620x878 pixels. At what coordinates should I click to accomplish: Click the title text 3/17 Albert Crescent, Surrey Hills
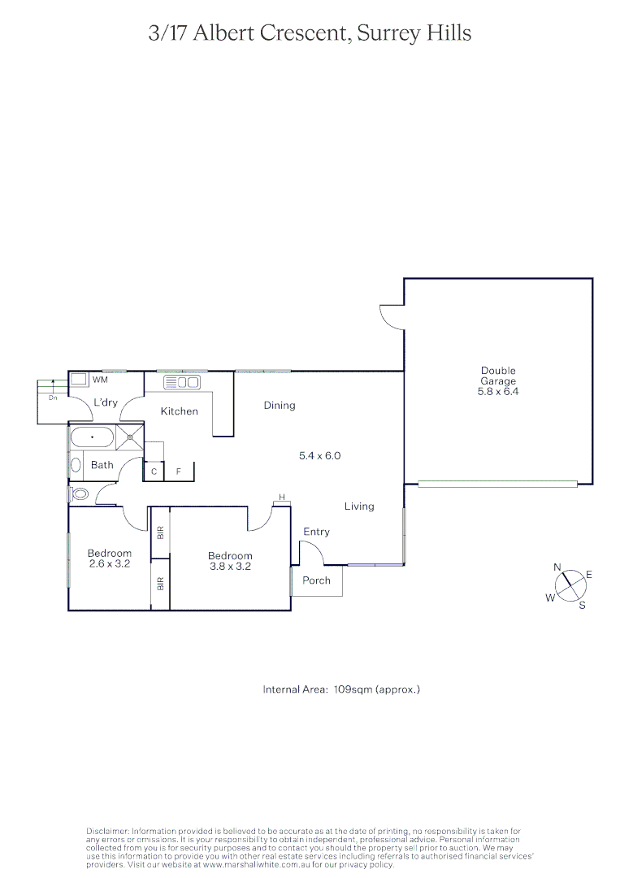(310, 33)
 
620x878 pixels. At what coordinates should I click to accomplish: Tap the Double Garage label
(498, 380)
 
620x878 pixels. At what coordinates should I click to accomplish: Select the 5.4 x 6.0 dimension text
(319, 456)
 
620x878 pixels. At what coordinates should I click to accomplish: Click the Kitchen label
(179, 411)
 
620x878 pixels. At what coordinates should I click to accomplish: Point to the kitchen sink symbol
(182, 382)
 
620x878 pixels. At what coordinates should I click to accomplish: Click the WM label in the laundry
(100, 380)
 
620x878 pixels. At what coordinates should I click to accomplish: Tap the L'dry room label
(106, 402)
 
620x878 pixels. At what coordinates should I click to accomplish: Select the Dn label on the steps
(53, 398)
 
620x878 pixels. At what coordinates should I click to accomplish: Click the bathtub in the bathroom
(93, 437)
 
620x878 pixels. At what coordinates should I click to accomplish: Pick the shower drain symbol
(128, 437)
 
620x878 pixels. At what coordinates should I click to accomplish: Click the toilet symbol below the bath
(80, 493)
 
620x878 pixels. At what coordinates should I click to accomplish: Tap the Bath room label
(102, 465)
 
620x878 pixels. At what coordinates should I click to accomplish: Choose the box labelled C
(154, 472)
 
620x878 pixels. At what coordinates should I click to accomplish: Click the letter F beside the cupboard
(178, 472)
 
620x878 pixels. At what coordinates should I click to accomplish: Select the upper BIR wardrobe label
(160, 532)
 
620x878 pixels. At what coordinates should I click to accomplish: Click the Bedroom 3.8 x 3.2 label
(230, 561)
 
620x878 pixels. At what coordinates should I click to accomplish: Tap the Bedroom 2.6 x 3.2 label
(109, 558)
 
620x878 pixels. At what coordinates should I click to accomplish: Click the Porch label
(316, 580)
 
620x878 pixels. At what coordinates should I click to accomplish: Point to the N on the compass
(557, 567)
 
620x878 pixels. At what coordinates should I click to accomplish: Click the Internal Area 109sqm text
(341, 689)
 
